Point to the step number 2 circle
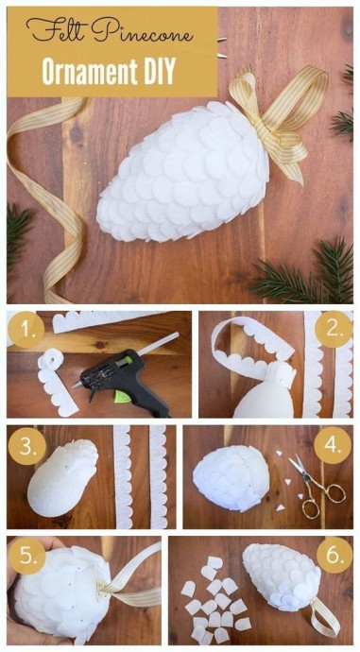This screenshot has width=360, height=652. coord(334,330)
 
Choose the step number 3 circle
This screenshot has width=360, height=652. coord(26,446)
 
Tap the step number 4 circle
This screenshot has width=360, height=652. coord(333,445)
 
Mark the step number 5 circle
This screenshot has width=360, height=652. coord(26,557)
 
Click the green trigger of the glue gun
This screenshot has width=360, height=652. coord(123,395)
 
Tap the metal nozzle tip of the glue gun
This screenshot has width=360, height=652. coord(77,386)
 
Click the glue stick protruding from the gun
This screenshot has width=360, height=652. coord(158,343)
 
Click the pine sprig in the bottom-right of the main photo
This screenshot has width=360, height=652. coord(305,270)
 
